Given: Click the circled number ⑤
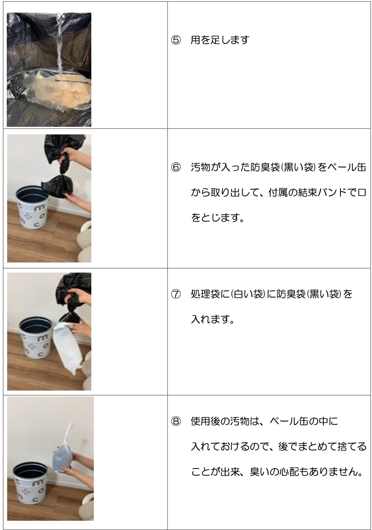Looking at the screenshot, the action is (175, 40).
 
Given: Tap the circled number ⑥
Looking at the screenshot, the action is (175, 168).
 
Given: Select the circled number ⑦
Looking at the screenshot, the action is (175, 294).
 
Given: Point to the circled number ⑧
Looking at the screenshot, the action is (175, 421).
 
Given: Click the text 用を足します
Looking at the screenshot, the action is (220, 40).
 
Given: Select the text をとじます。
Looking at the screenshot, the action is (218, 218).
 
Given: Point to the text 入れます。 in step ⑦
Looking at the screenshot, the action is (213, 319).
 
